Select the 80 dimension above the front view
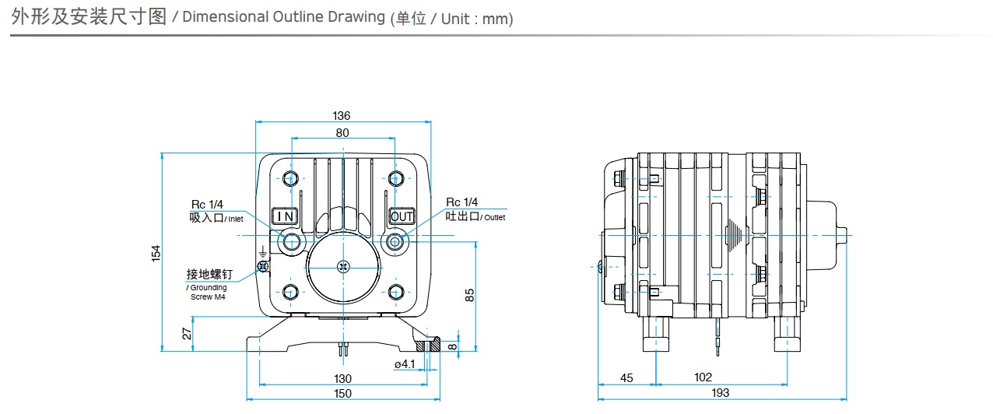coord(342,132)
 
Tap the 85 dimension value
coord(469,294)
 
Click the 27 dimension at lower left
coord(187,334)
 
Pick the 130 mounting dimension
coord(342,378)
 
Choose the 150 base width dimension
coord(342,393)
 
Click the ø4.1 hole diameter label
coord(404,363)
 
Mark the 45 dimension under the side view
coord(626,377)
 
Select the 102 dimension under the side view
coord(703,377)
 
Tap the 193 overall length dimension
coord(721,393)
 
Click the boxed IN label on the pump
coord(285,216)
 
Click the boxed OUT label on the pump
coord(402,216)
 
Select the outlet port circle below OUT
coord(395,241)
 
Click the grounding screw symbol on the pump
coord(264,265)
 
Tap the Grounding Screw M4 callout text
coord(209,293)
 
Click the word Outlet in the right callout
coord(493,218)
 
